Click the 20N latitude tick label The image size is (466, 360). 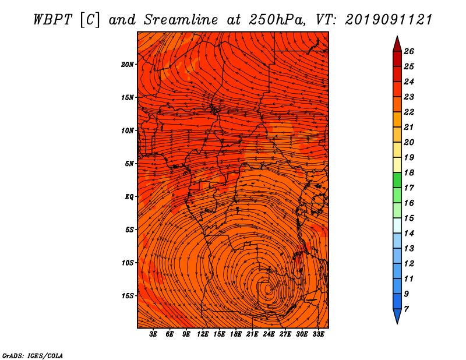click(x=128, y=65)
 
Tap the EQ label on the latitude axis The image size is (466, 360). click(x=129, y=197)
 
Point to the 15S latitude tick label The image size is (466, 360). click(x=128, y=296)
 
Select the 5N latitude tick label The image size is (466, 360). click(x=129, y=164)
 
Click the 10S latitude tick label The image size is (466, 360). click(x=128, y=263)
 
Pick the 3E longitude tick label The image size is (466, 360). click(x=153, y=334)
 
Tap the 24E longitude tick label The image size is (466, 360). click(x=269, y=334)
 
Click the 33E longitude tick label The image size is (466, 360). click(x=318, y=334)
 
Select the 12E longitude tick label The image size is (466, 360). click(x=203, y=334)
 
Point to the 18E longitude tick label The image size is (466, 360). click(x=236, y=334)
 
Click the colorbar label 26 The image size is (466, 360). click(x=409, y=51)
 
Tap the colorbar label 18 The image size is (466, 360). click(x=409, y=172)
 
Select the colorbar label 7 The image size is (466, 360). click(x=406, y=309)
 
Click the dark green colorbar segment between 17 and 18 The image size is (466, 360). click(x=397, y=180)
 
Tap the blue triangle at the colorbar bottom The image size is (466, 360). click(x=397, y=315)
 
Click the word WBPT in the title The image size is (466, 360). click(x=52, y=20)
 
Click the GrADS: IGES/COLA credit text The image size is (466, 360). click(x=33, y=355)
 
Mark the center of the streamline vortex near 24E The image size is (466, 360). click(x=268, y=289)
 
